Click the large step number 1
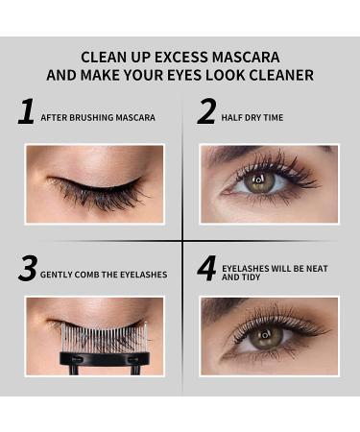tap(26, 112)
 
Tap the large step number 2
tap(206, 112)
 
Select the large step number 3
tap(27, 269)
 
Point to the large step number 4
tap(206, 269)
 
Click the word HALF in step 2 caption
tap(233, 118)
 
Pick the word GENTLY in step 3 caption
tap(56, 275)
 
